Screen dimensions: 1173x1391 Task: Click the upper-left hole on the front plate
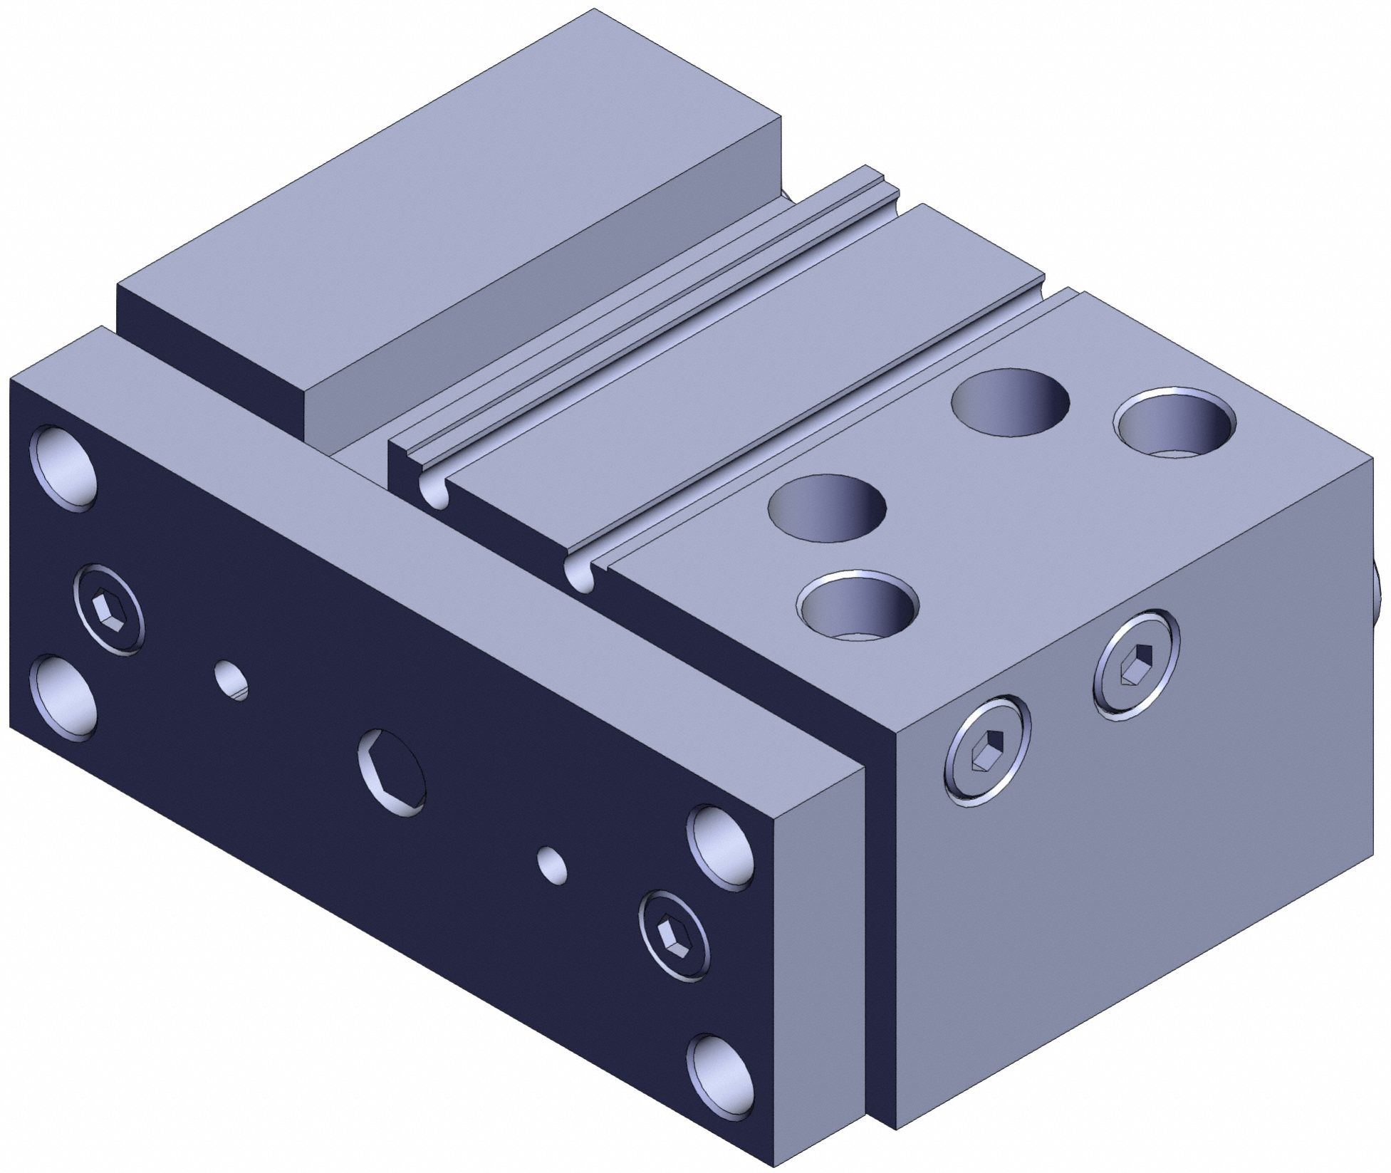click(63, 468)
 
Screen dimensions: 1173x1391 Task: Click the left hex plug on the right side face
click(987, 750)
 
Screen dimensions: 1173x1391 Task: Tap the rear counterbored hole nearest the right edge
click(1176, 423)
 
